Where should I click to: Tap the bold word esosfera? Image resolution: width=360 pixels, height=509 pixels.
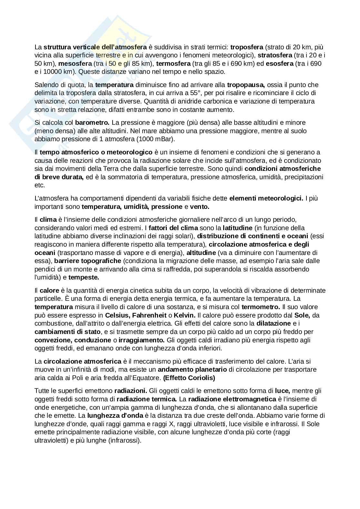tap(279, 64)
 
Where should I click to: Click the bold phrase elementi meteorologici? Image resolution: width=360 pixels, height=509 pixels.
tap(266, 198)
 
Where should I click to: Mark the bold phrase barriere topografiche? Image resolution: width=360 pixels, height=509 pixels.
tap(88, 260)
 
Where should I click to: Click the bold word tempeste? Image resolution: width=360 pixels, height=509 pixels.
tap(84, 277)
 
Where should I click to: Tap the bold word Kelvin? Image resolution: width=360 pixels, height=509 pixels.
tap(185, 315)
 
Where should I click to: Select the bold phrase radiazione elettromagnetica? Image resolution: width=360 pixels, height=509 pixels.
tap(232, 399)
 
